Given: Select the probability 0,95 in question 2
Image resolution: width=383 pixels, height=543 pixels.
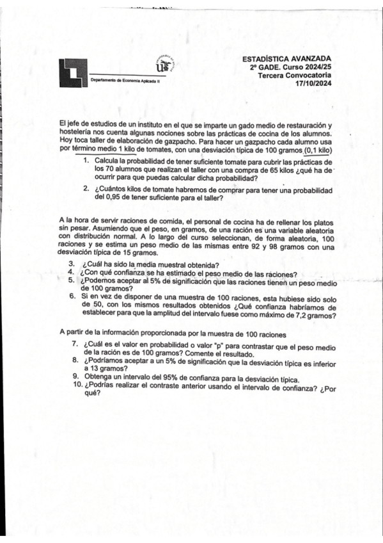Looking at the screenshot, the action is pyautogui.click(x=112, y=198).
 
